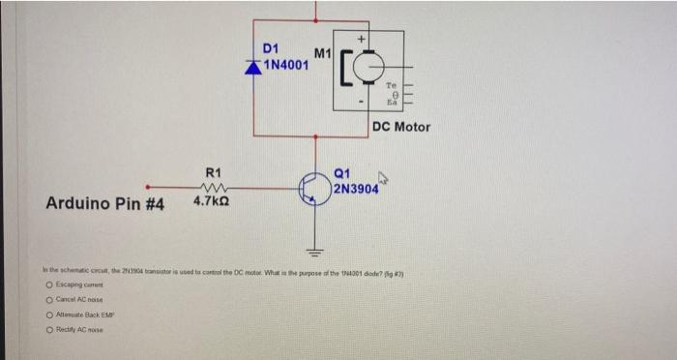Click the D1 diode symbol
click(x=254, y=67)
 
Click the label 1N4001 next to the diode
click(x=286, y=66)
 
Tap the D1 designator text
click(x=272, y=49)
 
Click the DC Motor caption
click(x=400, y=127)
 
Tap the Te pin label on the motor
click(x=393, y=84)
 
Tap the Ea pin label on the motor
click(x=393, y=100)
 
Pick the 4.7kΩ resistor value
click(x=211, y=203)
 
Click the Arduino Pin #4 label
click(x=104, y=204)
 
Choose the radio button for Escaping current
click(x=47, y=285)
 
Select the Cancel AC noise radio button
click(x=47, y=301)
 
